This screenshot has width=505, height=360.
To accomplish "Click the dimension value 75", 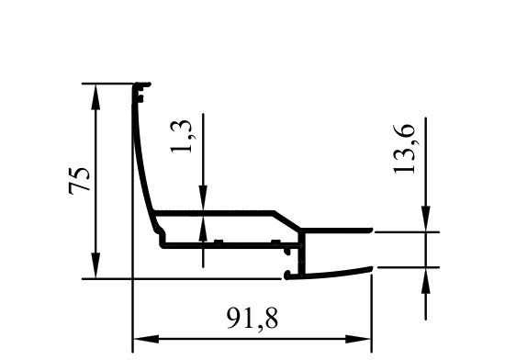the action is [79, 180].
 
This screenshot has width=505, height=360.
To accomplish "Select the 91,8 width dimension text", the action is [252, 318].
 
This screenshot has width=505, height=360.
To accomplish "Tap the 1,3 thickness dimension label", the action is [181, 136].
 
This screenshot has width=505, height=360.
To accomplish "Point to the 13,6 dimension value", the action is [404, 149].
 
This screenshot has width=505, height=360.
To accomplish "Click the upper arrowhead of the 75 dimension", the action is [95, 96].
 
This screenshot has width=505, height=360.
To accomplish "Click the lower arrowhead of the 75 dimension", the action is [95, 266].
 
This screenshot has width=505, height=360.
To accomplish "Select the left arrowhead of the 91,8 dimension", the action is [146, 339].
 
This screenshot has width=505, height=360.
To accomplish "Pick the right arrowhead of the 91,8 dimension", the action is [358, 339].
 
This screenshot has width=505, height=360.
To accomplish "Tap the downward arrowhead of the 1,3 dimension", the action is [203, 198].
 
